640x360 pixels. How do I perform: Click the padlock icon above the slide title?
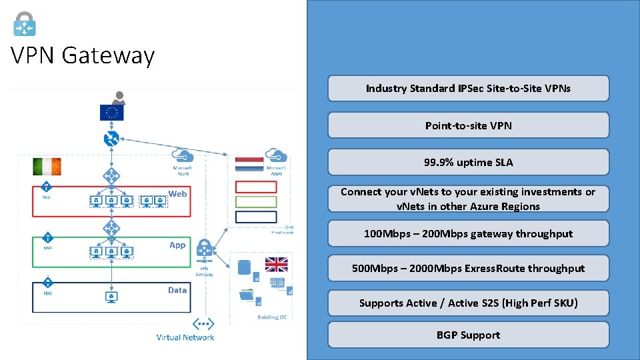25,23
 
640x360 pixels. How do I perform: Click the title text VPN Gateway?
83,55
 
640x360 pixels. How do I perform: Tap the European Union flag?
112,113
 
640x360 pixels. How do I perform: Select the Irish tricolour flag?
47,166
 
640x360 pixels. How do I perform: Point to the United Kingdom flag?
276,264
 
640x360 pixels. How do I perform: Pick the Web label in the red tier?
177,193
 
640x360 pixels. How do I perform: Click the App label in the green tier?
177,245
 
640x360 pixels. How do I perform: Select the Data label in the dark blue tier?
177,290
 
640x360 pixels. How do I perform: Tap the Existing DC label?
272,317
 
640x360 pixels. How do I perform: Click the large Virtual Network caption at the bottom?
185,337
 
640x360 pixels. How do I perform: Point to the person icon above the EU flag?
119,98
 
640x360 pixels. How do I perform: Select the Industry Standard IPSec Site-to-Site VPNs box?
468,88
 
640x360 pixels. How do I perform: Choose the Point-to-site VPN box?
468,125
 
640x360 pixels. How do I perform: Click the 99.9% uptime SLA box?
468,162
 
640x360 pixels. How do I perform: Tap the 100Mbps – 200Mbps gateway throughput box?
468,233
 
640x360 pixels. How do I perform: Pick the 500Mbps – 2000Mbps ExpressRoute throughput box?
468,268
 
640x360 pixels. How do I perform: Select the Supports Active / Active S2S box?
468,303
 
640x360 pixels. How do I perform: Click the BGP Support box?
468,335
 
